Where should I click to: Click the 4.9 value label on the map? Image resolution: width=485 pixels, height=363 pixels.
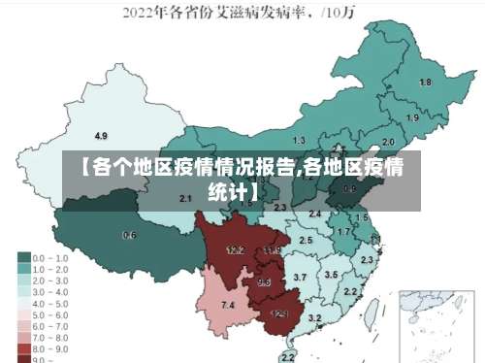click(x=101, y=135)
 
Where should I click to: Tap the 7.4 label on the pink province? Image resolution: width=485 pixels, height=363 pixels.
click(x=228, y=306)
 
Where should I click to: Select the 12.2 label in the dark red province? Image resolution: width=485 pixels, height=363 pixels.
click(x=235, y=249)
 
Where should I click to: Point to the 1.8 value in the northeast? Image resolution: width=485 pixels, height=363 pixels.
click(x=425, y=82)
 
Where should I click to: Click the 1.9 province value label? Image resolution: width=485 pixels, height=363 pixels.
click(x=413, y=118)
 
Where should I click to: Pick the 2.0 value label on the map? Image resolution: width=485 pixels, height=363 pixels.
click(x=388, y=141)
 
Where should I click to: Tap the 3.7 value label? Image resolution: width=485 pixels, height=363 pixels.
click(x=300, y=278)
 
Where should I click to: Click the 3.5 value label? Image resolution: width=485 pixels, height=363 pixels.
click(x=332, y=275)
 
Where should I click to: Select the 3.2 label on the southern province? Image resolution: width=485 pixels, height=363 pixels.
click(x=314, y=317)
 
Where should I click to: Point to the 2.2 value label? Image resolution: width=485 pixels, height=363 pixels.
click(x=350, y=291)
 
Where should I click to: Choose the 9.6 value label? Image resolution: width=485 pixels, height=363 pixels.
click(x=264, y=282)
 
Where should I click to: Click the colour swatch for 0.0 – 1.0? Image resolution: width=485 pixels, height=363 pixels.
click(x=23, y=257)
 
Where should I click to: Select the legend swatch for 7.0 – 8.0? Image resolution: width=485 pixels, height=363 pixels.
click(x=23, y=335)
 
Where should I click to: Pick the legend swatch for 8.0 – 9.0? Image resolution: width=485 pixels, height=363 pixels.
click(x=23, y=346)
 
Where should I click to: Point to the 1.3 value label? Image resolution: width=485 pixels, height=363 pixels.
click(x=299, y=141)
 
